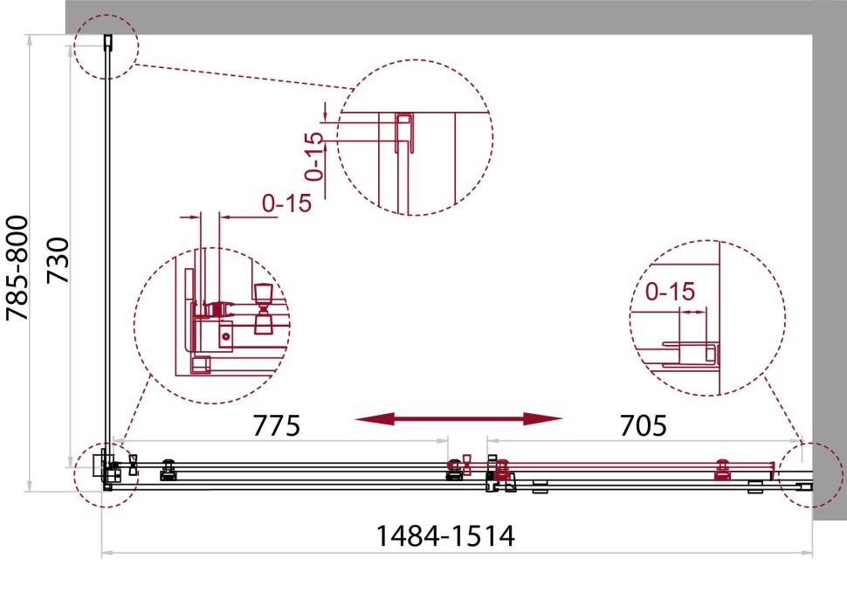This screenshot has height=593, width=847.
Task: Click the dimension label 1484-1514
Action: (x=445, y=535)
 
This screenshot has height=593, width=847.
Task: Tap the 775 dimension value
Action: (x=276, y=425)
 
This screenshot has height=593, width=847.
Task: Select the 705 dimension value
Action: (x=643, y=425)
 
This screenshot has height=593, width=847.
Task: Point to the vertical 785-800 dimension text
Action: (x=17, y=268)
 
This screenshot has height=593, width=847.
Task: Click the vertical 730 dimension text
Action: (x=58, y=260)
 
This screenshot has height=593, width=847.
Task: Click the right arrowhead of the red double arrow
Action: (x=543, y=418)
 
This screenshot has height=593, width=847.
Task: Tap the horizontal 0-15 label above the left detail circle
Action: (x=286, y=203)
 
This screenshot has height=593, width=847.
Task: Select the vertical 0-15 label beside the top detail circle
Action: (x=313, y=156)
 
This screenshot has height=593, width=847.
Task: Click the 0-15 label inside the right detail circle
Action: (x=670, y=292)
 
